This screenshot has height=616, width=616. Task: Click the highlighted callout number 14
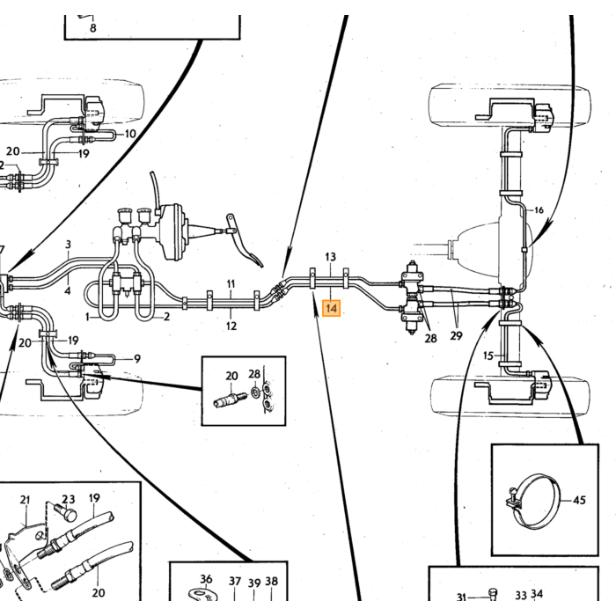click(x=331, y=308)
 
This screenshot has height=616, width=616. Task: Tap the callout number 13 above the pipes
click(x=330, y=257)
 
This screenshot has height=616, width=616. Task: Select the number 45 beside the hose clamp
click(x=579, y=500)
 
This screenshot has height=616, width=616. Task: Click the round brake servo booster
click(x=172, y=231)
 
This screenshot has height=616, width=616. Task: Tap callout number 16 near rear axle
click(x=539, y=210)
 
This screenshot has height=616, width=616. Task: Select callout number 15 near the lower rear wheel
click(x=488, y=356)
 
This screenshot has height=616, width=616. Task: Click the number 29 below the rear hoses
click(x=456, y=335)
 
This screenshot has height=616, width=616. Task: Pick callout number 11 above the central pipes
click(x=231, y=283)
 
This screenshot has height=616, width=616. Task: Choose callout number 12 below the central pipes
click(x=231, y=326)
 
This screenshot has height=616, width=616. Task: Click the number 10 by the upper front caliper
click(x=130, y=134)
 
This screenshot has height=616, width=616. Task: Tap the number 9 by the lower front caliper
click(x=136, y=359)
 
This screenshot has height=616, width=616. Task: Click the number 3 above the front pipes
click(x=68, y=245)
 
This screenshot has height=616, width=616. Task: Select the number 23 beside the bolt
click(x=69, y=499)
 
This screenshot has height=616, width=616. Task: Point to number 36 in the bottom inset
click(x=206, y=579)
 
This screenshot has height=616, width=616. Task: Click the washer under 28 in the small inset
click(x=253, y=392)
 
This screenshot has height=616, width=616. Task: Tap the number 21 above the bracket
click(x=25, y=500)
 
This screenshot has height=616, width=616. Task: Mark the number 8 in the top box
click(x=92, y=28)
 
